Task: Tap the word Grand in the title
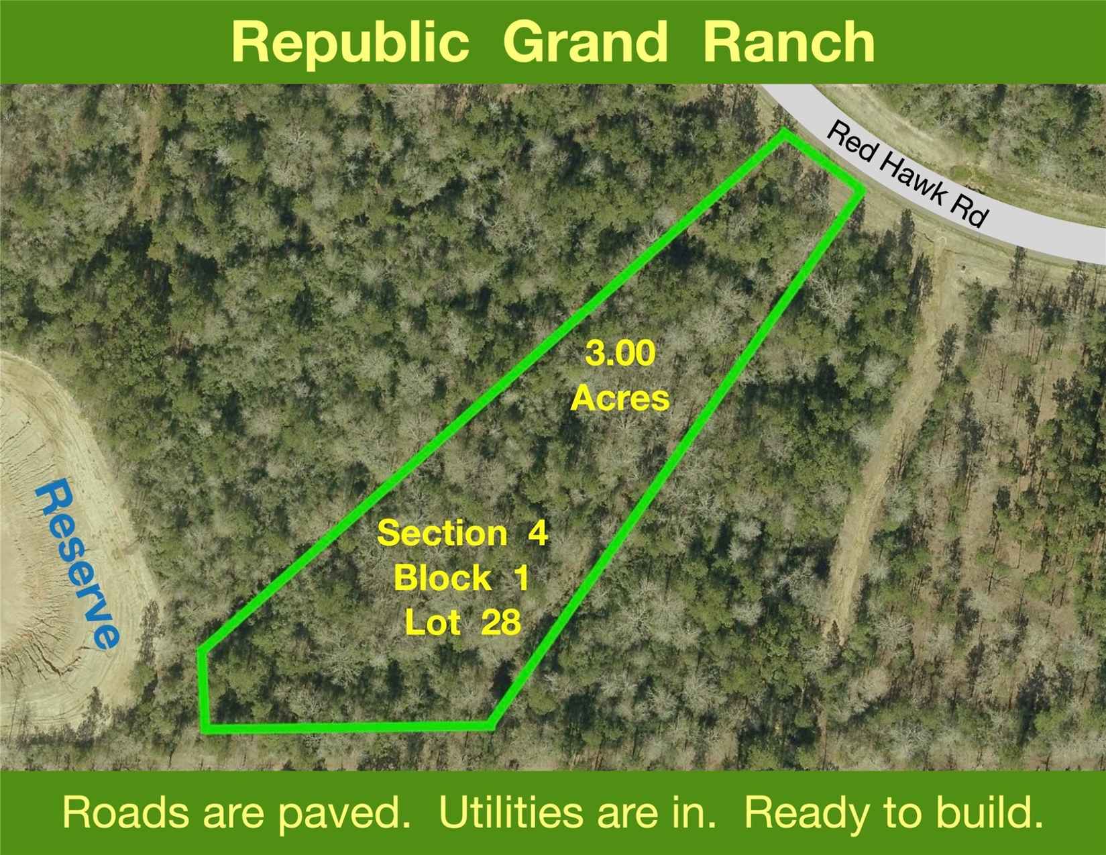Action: (585, 42)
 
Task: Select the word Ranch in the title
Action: (788, 42)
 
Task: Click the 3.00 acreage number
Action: (620, 354)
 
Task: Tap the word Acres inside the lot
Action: (620, 398)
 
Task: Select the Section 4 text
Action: (462, 533)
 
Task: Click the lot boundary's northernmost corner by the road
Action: (783, 134)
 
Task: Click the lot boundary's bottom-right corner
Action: (491, 725)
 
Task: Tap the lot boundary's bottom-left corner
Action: (205, 729)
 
